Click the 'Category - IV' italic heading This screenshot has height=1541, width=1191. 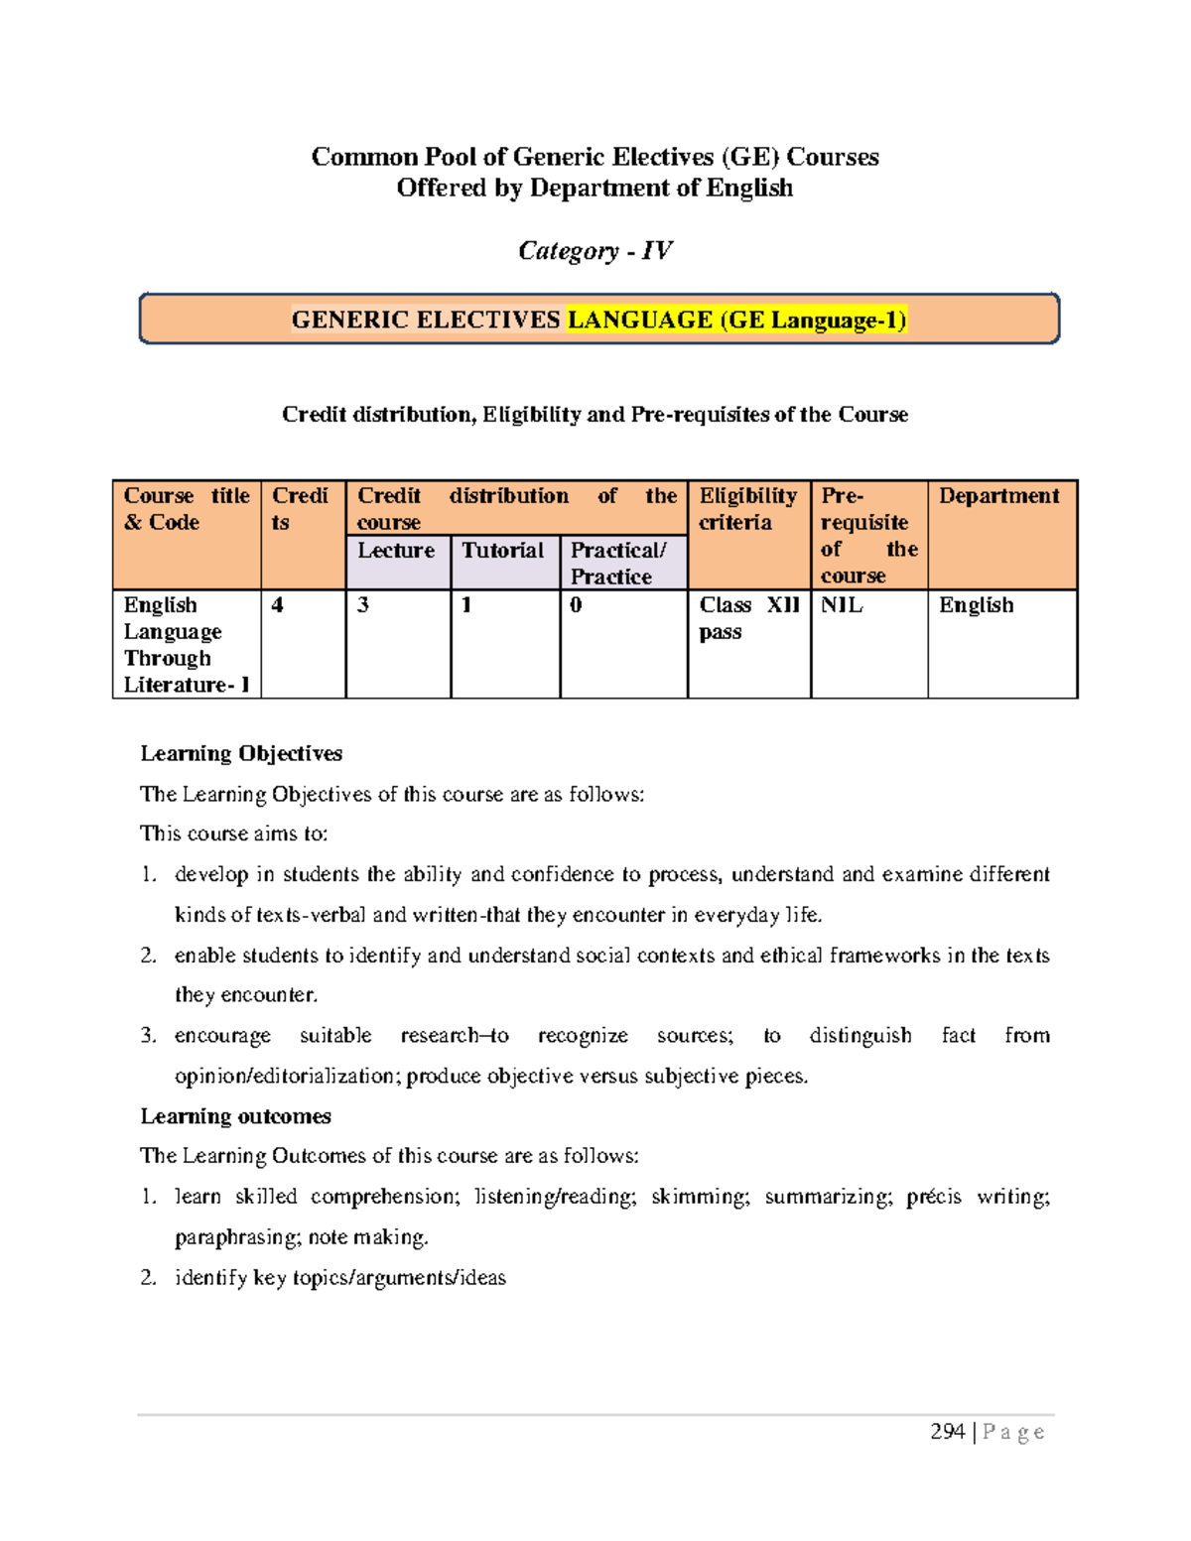click(x=595, y=251)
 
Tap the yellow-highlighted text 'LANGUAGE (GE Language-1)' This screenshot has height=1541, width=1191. click(x=736, y=320)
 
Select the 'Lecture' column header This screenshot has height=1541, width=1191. click(x=396, y=551)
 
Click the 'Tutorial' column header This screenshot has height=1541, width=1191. click(x=503, y=551)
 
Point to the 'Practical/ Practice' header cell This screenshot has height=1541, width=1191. click(x=618, y=563)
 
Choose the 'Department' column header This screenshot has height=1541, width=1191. click(x=999, y=496)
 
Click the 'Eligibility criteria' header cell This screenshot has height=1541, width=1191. click(x=747, y=509)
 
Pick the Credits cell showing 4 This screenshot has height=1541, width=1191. click(x=278, y=605)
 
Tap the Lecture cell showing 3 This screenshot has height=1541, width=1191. click(x=363, y=605)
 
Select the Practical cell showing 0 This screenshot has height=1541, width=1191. click(x=577, y=605)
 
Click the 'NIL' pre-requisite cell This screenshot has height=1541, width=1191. click(x=842, y=605)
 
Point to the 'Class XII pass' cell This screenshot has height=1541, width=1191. click(x=748, y=618)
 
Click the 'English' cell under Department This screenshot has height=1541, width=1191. click(x=976, y=605)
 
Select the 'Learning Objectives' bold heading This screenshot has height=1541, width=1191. click(x=241, y=753)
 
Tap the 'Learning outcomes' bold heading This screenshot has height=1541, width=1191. click(x=235, y=1116)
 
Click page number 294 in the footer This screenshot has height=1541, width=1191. click(x=947, y=1431)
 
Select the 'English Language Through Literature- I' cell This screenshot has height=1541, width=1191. click(x=186, y=645)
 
